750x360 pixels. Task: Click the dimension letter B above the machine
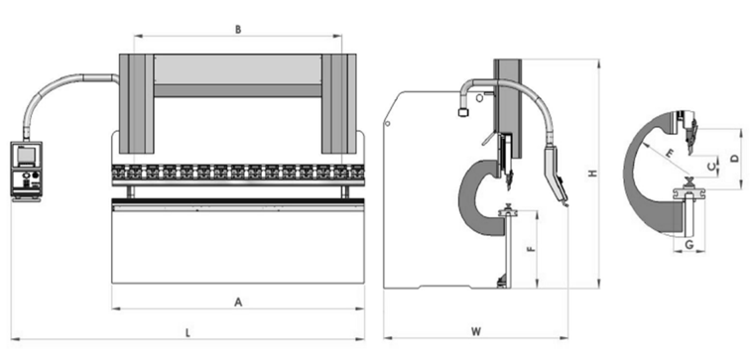pyautogui.click(x=238, y=29)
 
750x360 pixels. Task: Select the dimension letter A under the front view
pyautogui.click(x=238, y=301)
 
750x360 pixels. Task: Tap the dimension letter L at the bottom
pyautogui.click(x=187, y=332)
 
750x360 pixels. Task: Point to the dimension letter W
pyautogui.click(x=475, y=331)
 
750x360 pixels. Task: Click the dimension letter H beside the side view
pyautogui.click(x=593, y=174)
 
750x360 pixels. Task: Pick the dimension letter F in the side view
pyautogui.click(x=530, y=249)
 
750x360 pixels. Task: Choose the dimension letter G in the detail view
pyautogui.click(x=689, y=245)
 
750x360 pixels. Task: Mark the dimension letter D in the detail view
pyautogui.click(x=735, y=159)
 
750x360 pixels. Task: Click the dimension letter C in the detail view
pyautogui.click(x=711, y=167)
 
